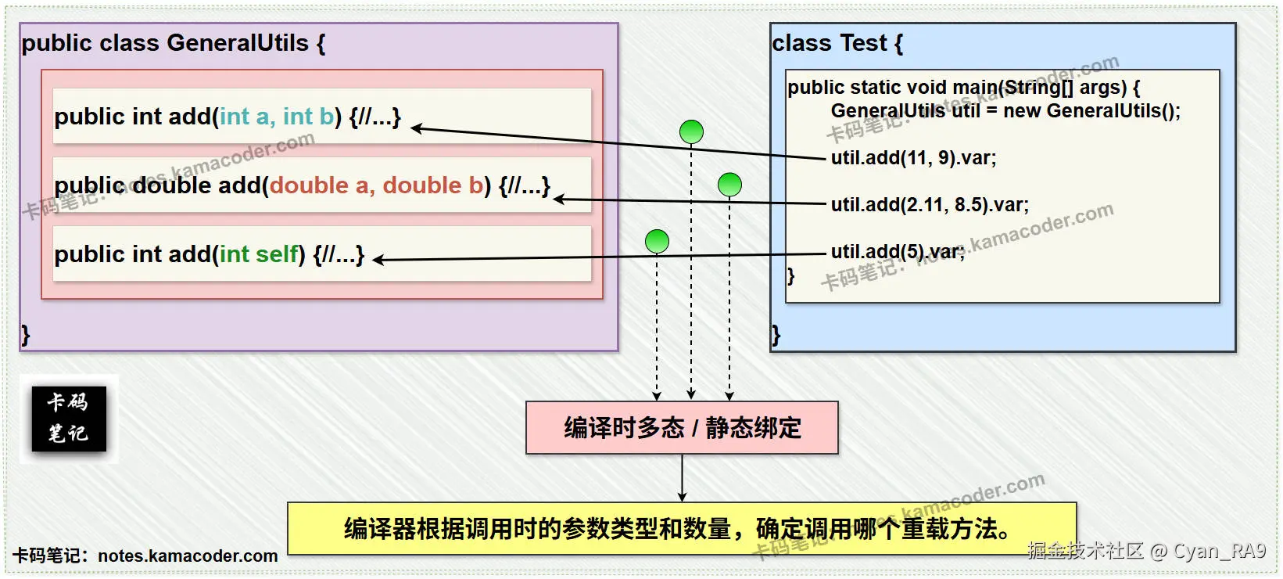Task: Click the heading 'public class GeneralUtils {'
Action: (x=173, y=43)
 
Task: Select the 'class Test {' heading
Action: (x=837, y=43)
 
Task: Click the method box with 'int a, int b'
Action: (x=321, y=116)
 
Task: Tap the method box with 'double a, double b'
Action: (x=321, y=185)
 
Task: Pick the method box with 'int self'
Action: (x=321, y=254)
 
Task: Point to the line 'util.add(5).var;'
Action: (x=898, y=251)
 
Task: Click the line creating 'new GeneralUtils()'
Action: (x=1005, y=111)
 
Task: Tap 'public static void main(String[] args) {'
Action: (x=962, y=87)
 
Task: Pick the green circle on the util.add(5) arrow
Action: (x=657, y=242)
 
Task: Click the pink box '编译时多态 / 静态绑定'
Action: (x=682, y=428)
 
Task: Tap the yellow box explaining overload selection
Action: (x=681, y=529)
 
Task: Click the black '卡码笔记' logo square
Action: (x=69, y=419)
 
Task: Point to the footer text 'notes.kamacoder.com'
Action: (x=188, y=556)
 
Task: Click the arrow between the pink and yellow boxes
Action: (x=682, y=478)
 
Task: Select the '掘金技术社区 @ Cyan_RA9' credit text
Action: (x=1146, y=551)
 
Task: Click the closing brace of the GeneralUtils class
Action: (x=25, y=335)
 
